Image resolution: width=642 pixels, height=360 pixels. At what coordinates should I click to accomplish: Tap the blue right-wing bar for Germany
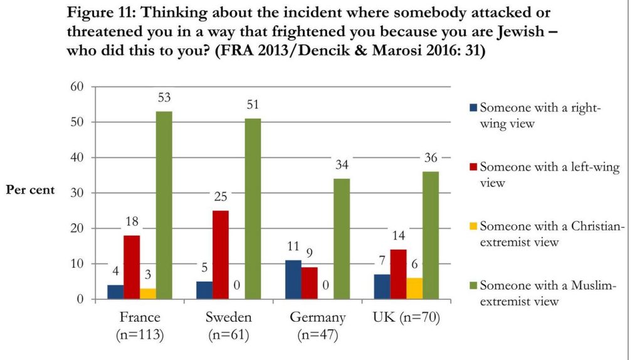(293, 280)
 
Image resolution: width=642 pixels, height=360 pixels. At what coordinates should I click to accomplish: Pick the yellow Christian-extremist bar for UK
(414, 289)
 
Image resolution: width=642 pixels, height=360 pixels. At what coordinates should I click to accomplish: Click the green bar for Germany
(342, 239)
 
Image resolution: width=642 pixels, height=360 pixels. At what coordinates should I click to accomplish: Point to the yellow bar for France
(148, 294)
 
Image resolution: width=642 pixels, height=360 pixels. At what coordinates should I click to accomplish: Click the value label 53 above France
(164, 98)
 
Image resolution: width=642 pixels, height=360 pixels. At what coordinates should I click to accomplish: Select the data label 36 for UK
(430, 158)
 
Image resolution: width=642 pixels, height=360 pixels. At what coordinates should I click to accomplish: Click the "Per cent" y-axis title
(31, 189)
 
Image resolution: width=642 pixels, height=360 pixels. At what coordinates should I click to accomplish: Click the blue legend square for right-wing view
(473, 108)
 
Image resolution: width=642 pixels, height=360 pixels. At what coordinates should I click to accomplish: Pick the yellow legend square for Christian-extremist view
(473, 226)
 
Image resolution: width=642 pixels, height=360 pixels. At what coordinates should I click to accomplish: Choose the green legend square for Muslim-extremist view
(473, 286)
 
